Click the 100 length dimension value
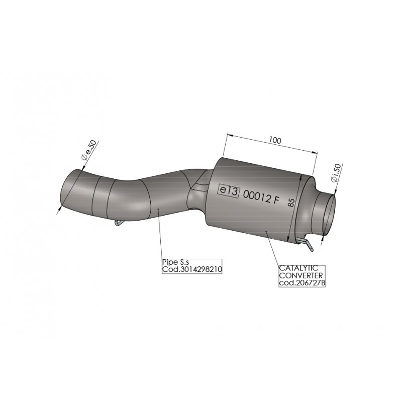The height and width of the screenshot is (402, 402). click(x=275, y=140)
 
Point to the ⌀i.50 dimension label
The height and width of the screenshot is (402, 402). click(x=336, y=173)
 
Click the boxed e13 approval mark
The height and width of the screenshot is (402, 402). click(x=229, y=191)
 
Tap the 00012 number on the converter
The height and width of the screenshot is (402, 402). click(x=257, y=197)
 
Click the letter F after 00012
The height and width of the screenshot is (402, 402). click(x=276, y=200)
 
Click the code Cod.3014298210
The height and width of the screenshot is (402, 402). click(x=192, y=269)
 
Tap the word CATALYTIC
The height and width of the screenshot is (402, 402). click(x=298, y=268)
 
